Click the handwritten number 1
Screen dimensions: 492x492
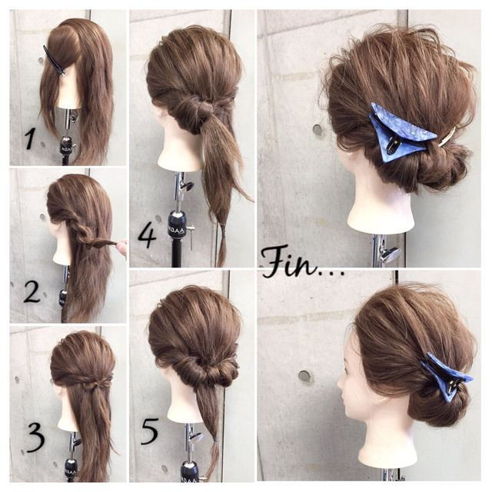pos(31,139)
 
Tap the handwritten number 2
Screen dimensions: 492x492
pos(32,292)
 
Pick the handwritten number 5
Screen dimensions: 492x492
pos(150,431)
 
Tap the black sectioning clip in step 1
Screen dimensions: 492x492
pos(55,61)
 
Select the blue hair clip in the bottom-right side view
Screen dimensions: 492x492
pos(447,376)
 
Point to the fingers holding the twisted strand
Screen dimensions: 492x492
pos(121,247)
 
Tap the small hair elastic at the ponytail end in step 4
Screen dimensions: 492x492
pos(222,234)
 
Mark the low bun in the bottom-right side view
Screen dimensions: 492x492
pos(439,405)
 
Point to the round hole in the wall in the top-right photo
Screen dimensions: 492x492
pos(317,130)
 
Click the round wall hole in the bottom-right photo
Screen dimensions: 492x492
pos(304,376)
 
